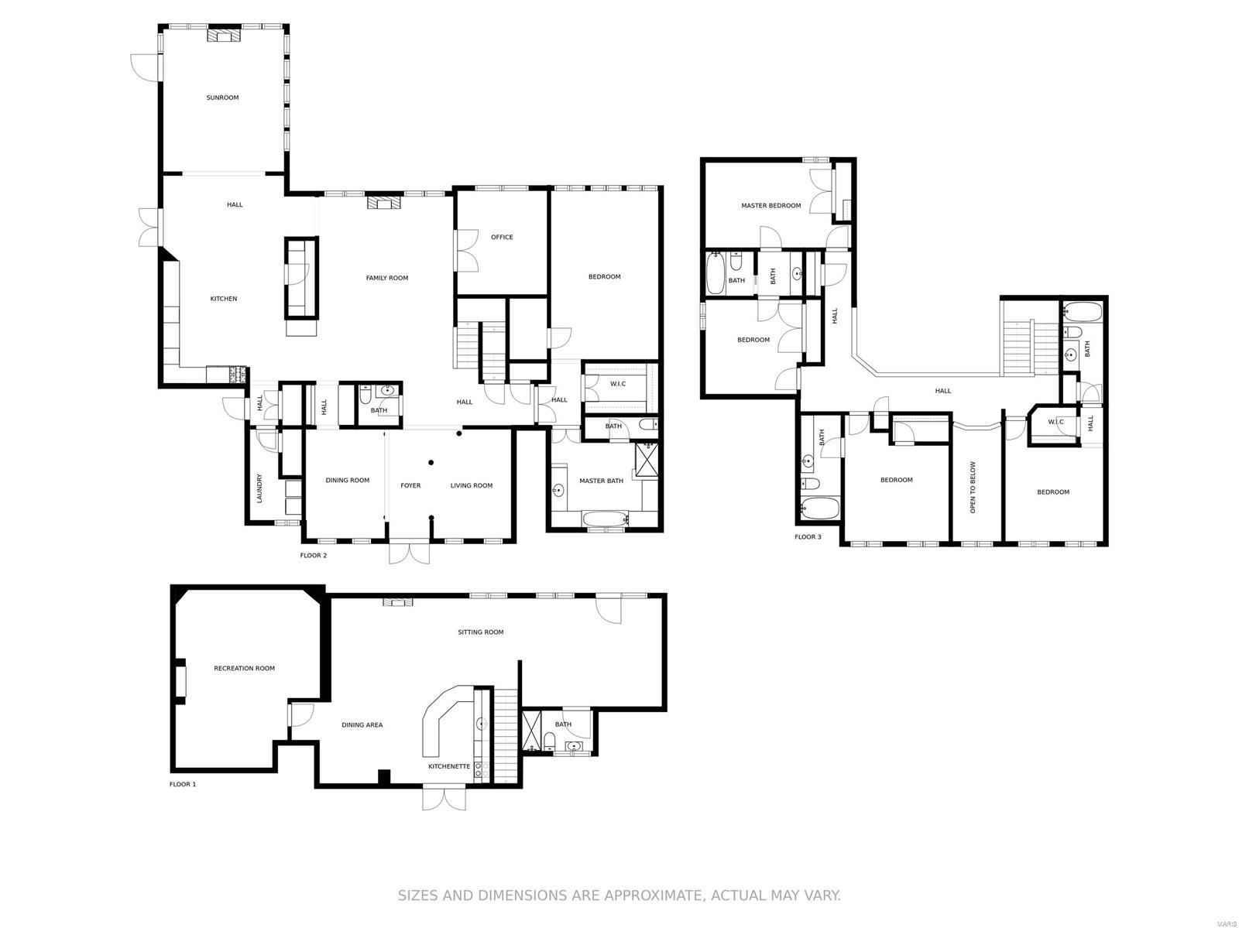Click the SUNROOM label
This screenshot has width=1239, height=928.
222,98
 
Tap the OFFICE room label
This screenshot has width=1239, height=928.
502,237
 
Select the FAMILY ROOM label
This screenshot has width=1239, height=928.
387,278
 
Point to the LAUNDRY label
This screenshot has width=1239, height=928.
260,488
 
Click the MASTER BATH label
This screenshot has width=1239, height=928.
602,481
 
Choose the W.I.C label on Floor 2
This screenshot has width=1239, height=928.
618,383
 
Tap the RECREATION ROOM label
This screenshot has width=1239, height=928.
245,668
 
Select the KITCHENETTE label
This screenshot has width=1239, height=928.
449,766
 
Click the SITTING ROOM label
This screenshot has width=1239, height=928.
481,632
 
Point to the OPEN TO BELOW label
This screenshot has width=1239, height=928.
973,488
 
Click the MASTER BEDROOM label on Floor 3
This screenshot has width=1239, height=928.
771,206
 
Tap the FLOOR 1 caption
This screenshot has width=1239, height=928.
183,784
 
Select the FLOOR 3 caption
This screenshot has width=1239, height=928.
808,536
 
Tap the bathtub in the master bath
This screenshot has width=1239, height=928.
606,519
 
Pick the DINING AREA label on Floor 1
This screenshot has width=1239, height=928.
362,725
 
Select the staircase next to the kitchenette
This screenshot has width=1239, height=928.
506,735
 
